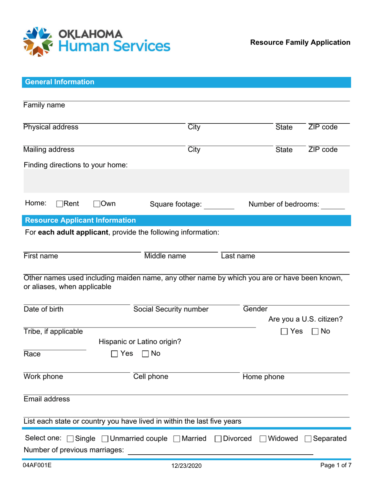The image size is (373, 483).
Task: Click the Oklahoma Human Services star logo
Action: (38, 42)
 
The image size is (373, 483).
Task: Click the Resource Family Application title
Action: (300, 42)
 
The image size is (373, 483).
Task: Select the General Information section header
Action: (60, 82)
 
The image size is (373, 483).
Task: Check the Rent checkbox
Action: (60, 204)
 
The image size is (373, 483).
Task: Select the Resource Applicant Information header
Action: (80, 220)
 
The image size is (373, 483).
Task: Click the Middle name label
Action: (165, 256)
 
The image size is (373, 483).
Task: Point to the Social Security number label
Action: (171, 309)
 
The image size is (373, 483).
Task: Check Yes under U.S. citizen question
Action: (284, 332)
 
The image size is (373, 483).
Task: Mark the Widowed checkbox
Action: (263, 439)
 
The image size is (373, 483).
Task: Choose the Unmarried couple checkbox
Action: (105, 439)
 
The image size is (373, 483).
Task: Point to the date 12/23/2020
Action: (186, 466)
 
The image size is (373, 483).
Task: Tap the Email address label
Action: (47, 399)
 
